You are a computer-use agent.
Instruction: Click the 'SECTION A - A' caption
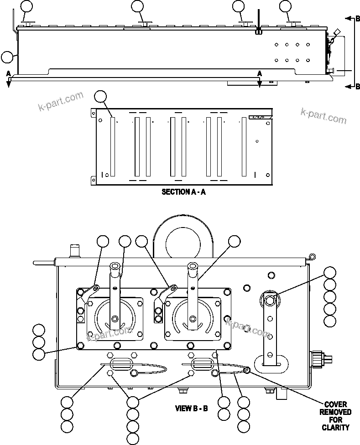[183, 192]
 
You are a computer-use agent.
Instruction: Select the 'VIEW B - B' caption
[192, 408]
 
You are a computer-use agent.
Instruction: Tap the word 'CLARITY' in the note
[335, 427]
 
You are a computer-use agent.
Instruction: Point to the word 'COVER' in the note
[335, 404]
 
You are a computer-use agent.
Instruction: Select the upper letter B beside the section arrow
[358, 19]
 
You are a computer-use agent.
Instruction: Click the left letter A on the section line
[8, 73]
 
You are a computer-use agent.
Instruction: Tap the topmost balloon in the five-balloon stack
[330, 273]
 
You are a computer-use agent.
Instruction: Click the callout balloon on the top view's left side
[7, 57]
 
